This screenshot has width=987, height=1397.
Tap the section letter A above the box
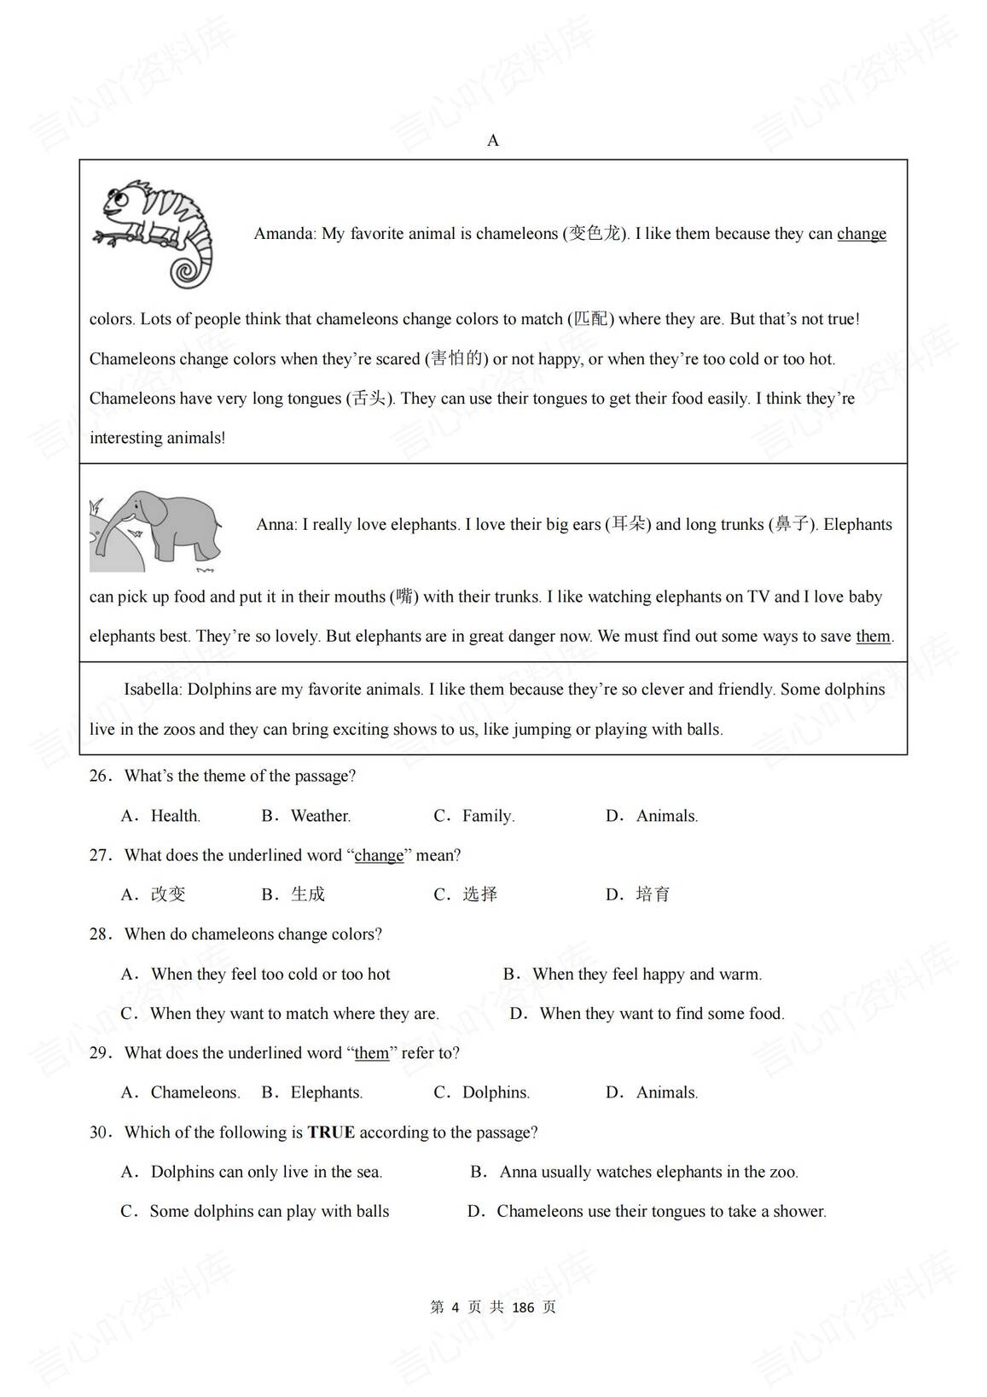pyautogui.click(x=493, y=141)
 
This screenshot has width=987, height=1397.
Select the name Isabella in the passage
pyautogui.click(x=152, y=690)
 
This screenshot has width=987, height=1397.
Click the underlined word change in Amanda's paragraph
pyautogui.click(x=862, y=234)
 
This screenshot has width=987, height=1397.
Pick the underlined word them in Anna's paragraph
pyautogui.click(x=873, y=637)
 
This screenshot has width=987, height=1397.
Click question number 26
pyautogui.click(x=100, y=777)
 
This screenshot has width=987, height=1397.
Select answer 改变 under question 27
pyautogui.click(x=168, y=894)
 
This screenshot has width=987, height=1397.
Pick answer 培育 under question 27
pyautogui.click(x=653, y=894)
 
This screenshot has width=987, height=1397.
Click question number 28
pyautogui.click(x=100, y=934)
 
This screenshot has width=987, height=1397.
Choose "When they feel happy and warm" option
pyautogui.click(x=647, y=974)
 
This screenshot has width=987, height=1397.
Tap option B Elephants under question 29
pyautogui.click(x=326, y=1092)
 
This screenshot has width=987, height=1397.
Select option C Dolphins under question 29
pyautogui.click(x=496, y=1092)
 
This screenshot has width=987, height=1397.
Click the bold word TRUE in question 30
pyautogui.click(x=331, y=1132)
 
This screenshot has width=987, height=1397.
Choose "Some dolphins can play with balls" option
pyautogui.click(x=269, y=1211)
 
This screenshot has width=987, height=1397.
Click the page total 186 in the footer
pyautogui.click(x=522, y=1307)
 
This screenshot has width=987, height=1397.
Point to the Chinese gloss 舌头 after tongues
pyautogui.click(x=369, y=399)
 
